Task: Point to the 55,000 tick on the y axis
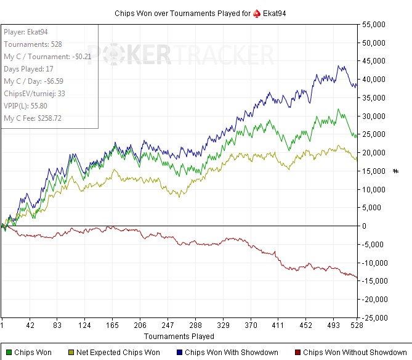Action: tap(385, 25)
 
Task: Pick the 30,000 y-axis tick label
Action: tap(385, 116)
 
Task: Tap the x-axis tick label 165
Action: tap(111, 325)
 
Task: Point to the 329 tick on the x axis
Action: tap(223, 325)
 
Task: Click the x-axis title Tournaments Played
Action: tap(179, 337)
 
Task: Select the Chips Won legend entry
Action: tap(30, 353)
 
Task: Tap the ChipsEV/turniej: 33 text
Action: tap(34, 93)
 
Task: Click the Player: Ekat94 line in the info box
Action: tap(26, 32)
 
